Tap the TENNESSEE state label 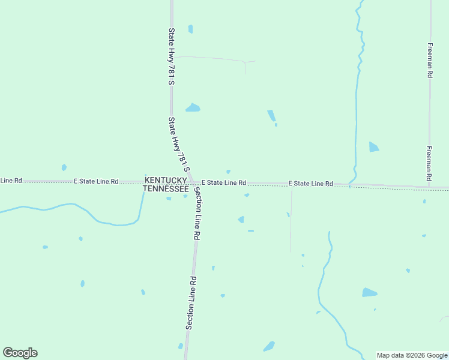[166, 188]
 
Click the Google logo [20, 353]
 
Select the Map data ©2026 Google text [412, 355]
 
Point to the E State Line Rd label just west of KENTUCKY [96, 181]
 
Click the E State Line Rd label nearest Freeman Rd [310, 183]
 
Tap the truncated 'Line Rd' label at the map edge [11, 180]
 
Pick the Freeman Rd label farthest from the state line [430, 61]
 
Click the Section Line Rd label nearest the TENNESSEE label [196, 214]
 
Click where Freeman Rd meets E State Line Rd [429, 187]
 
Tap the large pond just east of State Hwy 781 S [193, 108]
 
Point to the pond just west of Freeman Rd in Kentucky [374, 147]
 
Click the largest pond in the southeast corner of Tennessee [369, 293]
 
